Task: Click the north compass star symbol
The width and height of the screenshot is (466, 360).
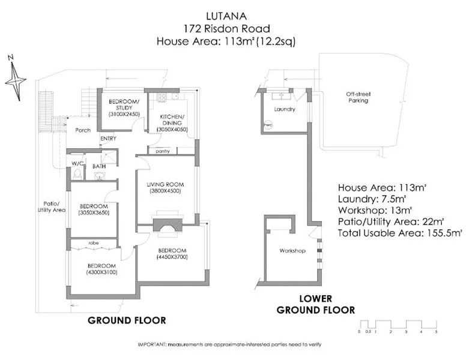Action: pos(15,79)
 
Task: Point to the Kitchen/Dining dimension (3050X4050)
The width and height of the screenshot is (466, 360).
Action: pos(173,130)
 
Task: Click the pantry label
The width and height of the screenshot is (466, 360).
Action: pos(162,151)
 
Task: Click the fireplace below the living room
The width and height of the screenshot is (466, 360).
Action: pos(166,224)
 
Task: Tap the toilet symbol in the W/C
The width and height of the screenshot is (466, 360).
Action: pos(77,173)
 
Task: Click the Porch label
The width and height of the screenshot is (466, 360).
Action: pos(82,130)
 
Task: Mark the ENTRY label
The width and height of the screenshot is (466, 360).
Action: pos(108,139)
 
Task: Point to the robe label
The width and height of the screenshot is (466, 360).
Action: pos(94,243)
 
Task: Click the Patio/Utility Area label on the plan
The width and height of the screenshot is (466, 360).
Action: pos(50,206)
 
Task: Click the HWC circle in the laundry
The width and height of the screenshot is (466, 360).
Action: pos(268,125)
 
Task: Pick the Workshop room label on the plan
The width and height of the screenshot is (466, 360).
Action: pos(291,250)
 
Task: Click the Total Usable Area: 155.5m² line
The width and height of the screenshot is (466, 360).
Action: pos(399,232)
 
